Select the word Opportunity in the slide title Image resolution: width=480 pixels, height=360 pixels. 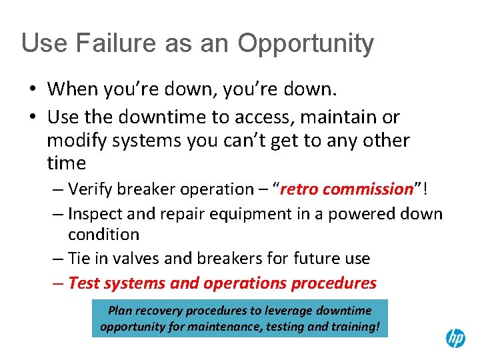point(306,44)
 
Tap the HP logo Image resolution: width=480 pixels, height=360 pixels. point(455,338)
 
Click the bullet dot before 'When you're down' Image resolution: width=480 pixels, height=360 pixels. point(31,89)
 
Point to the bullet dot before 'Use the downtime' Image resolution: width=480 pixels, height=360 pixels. point(31,117)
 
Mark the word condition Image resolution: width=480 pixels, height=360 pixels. point(103,235)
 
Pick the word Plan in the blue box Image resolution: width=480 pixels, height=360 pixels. point(121,310)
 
